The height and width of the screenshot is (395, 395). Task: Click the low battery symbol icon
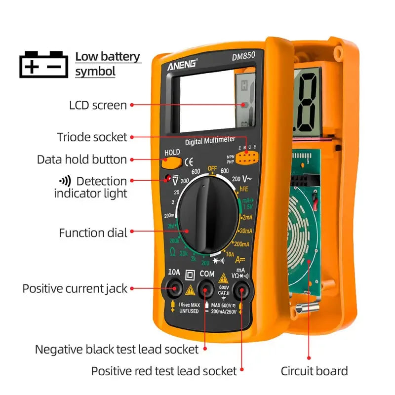[x=43, y=64]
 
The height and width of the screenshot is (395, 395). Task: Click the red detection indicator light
[x=167, y=177]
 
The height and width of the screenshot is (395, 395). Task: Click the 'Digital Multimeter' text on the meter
[x=210, y=141]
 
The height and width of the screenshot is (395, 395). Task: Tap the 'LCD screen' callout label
[x=97, y=105]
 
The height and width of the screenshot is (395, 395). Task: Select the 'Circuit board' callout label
[x=314, y=371]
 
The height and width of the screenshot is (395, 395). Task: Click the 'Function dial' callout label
[x=93, y=233]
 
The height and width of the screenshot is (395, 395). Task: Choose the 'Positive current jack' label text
[x=75, y=288]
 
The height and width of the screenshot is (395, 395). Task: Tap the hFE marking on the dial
[x=243, y=189]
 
